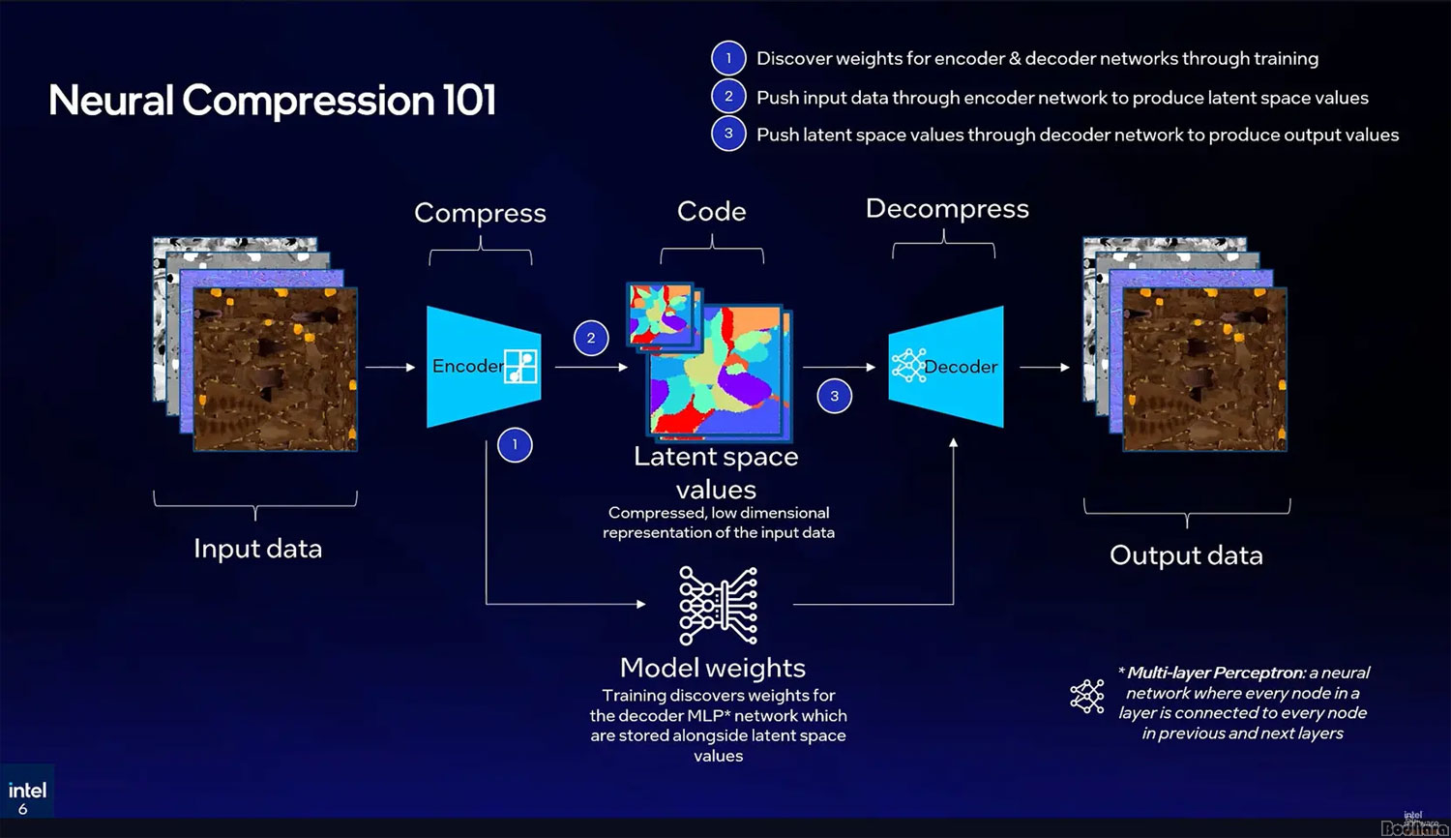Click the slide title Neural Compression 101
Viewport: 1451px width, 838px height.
[272, 101]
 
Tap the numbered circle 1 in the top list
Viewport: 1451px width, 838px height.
[728, 58]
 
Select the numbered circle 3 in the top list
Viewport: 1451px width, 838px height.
[728, 134]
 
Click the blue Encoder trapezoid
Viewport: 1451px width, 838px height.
[483, 367]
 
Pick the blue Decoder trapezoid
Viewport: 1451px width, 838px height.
[946, 367]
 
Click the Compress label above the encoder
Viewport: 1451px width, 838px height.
[480, 213]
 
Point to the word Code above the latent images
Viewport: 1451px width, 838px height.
[712, 211]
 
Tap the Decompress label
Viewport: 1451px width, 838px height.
[947, 209]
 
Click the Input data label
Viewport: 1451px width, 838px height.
[257, 549]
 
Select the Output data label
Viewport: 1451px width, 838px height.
[1186, 555]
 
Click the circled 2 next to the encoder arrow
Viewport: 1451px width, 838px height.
[591, 338]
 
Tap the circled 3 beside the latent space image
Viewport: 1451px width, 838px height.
[835, 396]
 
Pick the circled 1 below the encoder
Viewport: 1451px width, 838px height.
[515, 445]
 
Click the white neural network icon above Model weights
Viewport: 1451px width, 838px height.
[718, 606]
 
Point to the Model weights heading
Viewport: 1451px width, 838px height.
[713, 668]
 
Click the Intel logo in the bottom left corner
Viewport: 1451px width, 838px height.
[27, 791]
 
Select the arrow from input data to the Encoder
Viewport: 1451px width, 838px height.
[390, 368]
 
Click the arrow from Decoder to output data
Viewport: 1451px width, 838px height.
[1045, 368]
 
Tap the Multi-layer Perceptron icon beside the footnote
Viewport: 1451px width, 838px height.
[1087, 696]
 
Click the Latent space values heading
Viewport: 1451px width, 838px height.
[716, 472]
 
